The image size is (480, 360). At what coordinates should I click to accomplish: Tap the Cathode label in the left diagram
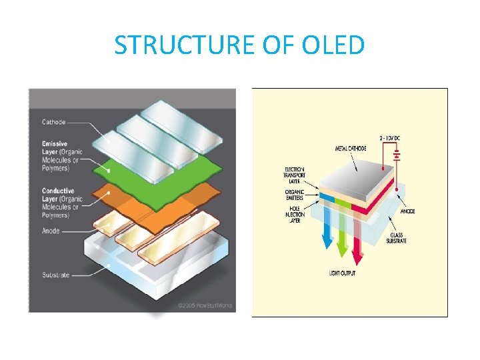53,122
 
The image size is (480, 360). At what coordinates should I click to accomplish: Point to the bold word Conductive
58,191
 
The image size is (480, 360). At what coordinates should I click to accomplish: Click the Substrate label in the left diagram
55,275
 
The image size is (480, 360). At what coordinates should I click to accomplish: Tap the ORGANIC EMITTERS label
295,195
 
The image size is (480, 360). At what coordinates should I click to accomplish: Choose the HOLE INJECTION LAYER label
295,214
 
